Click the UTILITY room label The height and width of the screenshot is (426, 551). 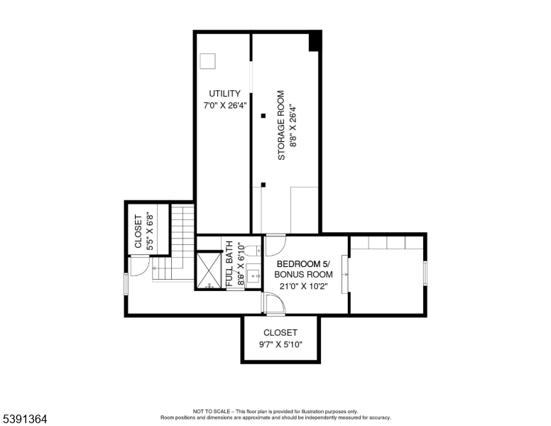[224, 94]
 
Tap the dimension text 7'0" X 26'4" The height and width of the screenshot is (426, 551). [224, 106]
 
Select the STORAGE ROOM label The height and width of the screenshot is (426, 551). [281, 125]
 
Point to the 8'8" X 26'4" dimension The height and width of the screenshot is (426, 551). [292, 125]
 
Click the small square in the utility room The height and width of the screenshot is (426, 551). [207, 61]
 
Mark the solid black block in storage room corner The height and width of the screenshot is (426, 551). [315, 42]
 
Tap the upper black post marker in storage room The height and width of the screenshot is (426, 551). [263, 115]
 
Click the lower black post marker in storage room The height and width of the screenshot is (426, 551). [263, 185]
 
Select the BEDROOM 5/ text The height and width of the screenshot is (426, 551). [304, 263]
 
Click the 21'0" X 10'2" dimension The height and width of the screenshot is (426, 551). [304, 287]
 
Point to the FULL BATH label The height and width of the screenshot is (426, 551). [229, 264]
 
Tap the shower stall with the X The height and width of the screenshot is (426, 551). [209, 270]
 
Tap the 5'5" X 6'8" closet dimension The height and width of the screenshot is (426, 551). [150, 231]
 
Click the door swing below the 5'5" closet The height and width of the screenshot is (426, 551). [140, 266]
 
